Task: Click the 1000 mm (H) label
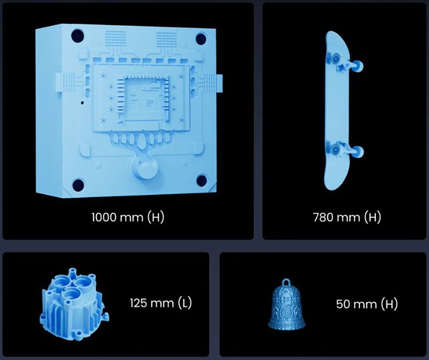(x=128, y=217)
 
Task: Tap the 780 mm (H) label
(x=347, y=217)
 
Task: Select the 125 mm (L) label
(x=160, y=303)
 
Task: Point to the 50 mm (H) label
(x=367, y=304)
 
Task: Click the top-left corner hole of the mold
(x=77, y=36)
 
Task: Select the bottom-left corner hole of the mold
(x=78, y=185)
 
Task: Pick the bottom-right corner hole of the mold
(x=202, y=181)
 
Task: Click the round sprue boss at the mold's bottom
(x=144, y=167)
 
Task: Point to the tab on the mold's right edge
(x=219, y=84)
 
